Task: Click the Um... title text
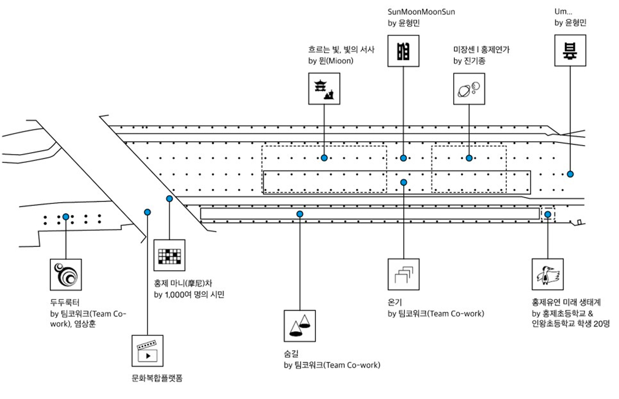point(564,12)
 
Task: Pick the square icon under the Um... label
point(570,51)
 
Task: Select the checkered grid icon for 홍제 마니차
point(170,255)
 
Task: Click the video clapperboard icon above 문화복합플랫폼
point(147,351)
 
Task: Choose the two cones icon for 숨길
point(300,326)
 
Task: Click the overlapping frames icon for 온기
point(404,274)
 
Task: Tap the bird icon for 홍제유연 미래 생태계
point(548,274)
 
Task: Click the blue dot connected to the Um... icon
point(571,174)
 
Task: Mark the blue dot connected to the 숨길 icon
point(300,214)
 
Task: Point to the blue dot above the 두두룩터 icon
point(66,216)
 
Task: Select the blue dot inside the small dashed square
point(548,214)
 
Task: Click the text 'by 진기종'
point(469,61)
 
